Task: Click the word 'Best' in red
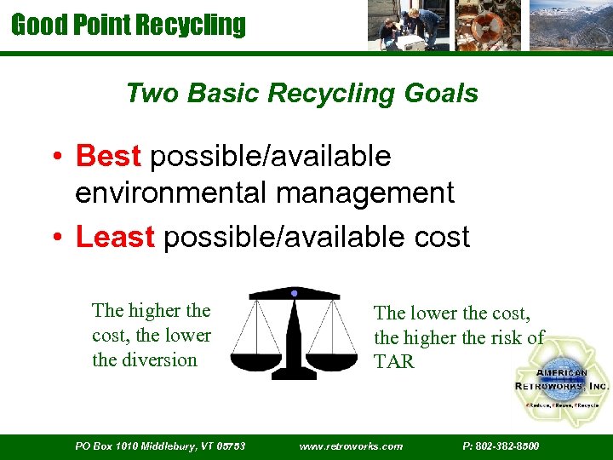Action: [108, 157]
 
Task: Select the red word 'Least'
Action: [115, 237]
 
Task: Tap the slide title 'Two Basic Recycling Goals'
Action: [301, 93]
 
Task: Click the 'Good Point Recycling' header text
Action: [128, 25]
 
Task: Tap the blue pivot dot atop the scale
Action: [294, 293]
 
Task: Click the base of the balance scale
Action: [294, 372]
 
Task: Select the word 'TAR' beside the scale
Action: [393, 361]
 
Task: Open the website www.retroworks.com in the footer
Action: [351, 446]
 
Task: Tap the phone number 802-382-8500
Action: [501, 446]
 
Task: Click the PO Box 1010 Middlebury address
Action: [160, 446]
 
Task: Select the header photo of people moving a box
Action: [404, 26]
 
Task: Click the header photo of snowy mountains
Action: [570, 26]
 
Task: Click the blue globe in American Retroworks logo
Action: [562, 379]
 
